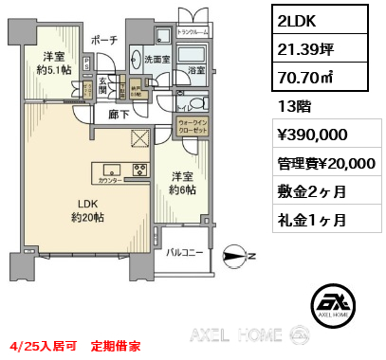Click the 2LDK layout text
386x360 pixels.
295,19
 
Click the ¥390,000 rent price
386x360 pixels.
312,136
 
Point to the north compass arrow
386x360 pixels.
234,253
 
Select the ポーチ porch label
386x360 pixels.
102,40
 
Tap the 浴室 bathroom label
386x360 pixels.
195,70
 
